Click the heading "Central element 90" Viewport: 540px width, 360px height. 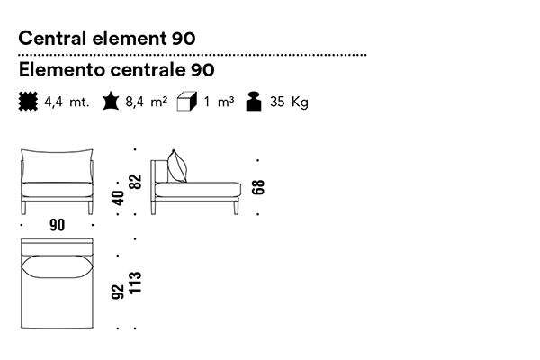pyautogui.click(x=107, y=39)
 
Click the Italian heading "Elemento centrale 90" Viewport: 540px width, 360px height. pyautogui.click(x=116, y=69)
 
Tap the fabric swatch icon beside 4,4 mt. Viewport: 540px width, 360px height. pyautogui.click(x=28, y=102)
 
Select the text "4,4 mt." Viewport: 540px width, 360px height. pyautogui.click(x=67, y=103)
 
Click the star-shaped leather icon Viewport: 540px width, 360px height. pyautogui.click(x=111, y=102)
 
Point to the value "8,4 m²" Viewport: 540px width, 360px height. pyautogui.click(x=147, y=103)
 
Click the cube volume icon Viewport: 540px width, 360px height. pyautogui.click(x=188, y=102)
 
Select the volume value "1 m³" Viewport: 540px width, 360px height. pyautogui.click(x=219, y=103)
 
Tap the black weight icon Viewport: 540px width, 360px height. pyautogui.click(x=255, y=102)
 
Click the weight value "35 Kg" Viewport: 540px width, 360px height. pyautogui.click(x=288, y=103)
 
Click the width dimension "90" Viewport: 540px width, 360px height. pyautogui.click(x=58, y=226)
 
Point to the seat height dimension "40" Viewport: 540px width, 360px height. pyautogui.click(x=118, y=198)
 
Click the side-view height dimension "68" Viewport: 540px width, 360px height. pyautogui.click(x=259, y=188)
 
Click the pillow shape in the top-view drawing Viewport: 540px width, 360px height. pyautogui.click(x=57, y=267)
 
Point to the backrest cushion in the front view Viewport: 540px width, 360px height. pyautogui.click(x=57, y=168)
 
